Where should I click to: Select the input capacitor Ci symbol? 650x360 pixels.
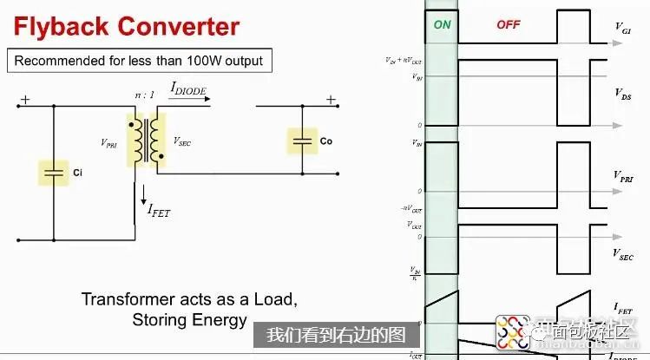pyautogui.click(x=55, y=173)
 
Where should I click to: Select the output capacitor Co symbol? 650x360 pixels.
pyautogui.click(x=303, y=141)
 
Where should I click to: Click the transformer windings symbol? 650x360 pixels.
pyautogui.click(x=145, y=139)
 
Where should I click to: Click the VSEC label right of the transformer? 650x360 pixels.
pyautogui.click(x=183, y=140)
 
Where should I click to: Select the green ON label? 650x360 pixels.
pyautogui.click(x=442, y=25)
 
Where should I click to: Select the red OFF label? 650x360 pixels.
pyautogui.click(x=508, y=25)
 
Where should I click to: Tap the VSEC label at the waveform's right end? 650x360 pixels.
pyautogui.click(x=623, y=254)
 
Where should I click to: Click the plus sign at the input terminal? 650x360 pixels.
pyautogui.click(x=25, y=100)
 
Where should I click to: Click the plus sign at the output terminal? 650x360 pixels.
pyautogui.click(x=330, y=100)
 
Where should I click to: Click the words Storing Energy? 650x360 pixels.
pyautogui.click(x=189, y=320)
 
